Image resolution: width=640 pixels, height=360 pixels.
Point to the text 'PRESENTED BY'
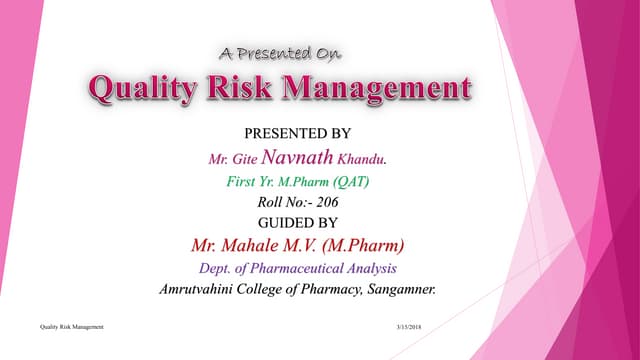(298, 132)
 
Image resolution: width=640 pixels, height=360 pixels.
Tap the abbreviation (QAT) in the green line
(363, 181)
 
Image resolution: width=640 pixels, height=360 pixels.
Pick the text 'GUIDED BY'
(298, 222)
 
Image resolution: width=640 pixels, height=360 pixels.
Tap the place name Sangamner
(397, 290)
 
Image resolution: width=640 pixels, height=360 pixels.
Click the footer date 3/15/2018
(410, 328)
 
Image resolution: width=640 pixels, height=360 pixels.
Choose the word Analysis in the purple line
(370, 268)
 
